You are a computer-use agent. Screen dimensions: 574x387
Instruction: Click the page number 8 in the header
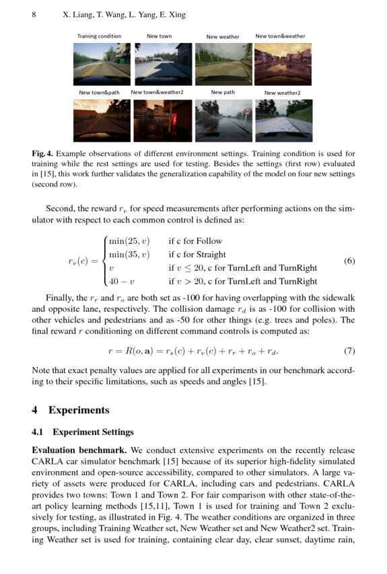click(x=34, y=13)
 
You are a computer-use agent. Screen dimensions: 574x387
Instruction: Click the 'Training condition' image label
click(x=99, y=36)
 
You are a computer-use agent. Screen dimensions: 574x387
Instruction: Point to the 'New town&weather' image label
click(x=280, y=36)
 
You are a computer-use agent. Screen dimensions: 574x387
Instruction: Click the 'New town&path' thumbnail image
click(x=102, y=120)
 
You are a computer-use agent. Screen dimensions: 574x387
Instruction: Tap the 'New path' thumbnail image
click(x=223, y=120)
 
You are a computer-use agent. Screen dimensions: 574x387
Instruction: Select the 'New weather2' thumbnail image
click(x=283, y=120)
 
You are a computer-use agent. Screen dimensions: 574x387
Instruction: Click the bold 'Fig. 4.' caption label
click(x=43, y=154)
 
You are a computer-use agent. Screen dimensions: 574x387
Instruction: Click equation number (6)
click(x=349, y=261)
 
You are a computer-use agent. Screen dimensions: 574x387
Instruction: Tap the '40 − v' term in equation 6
click(x=120, y=282)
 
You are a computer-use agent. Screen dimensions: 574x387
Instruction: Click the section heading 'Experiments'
click(x=79, y=409)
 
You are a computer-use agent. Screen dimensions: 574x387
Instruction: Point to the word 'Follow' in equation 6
click(x=209, y=241)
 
